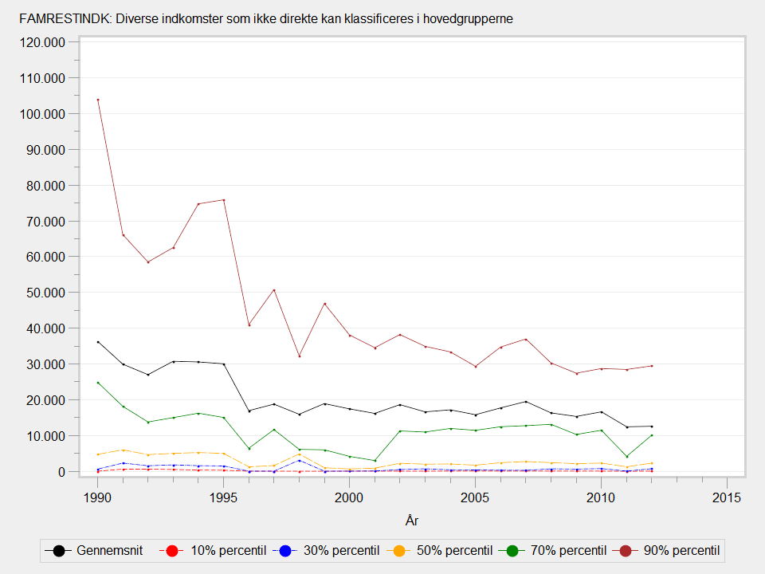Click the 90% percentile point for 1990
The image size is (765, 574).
[98, 100]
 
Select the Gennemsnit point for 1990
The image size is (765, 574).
[98, 342]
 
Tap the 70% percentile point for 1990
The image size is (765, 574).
[98, 383]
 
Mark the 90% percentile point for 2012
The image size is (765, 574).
[652, 366]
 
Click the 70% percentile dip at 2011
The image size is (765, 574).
[627, 457]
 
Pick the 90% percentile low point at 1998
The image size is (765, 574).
[300, 356]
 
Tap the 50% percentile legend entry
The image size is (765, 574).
[445, 550]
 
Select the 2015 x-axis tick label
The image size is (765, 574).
[727, 497]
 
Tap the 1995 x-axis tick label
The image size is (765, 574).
[224, 497]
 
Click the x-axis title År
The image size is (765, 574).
[412, 521]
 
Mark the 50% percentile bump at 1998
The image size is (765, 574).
[300, 454]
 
